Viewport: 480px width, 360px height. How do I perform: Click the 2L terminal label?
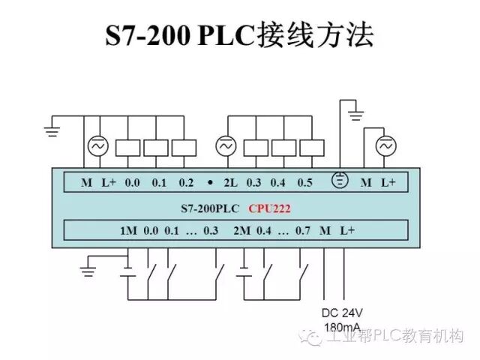[x=229, y=183]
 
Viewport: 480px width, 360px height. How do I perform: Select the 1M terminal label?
[x=128, y=231]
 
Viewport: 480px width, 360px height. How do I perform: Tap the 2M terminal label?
[x=241, y=231]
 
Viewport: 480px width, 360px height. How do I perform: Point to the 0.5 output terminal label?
[x=304, y=183]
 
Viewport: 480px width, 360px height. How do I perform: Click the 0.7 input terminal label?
[x=302, y=231]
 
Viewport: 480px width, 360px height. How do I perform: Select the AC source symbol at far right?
[x=385, y=146]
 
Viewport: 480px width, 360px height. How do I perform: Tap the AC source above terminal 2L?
[x=225, y=146]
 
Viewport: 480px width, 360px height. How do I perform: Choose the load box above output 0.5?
[x=312, y=147]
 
